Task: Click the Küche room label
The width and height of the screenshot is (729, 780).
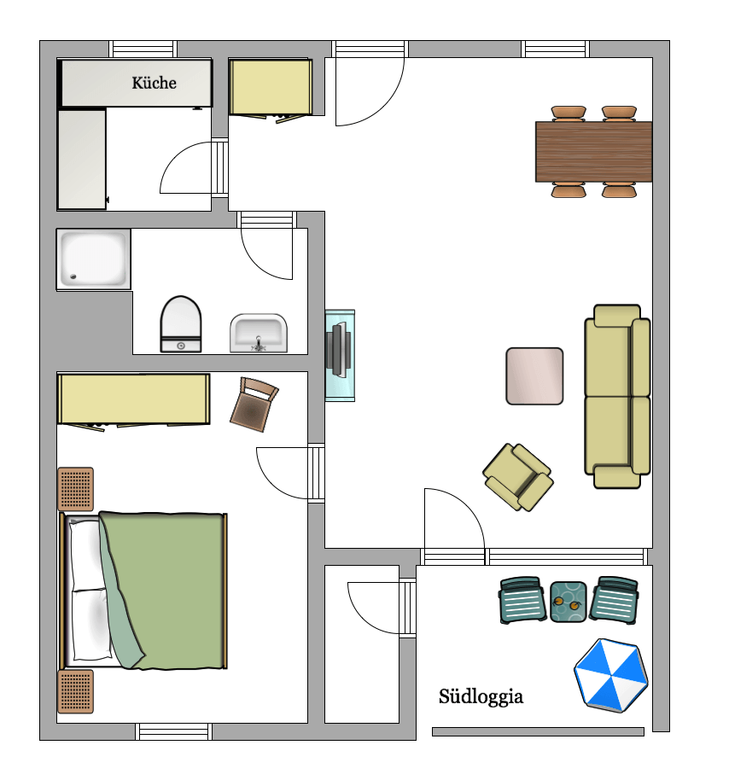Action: (154, 83)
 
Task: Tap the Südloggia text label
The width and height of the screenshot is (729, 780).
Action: (481, 697)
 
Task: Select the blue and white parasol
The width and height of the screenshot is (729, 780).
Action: (610, 674)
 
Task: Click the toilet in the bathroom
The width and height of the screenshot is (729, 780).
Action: (180, 323)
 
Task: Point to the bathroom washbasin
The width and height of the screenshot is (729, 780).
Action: (259, 333)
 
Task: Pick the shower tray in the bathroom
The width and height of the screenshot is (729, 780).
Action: (93, 259)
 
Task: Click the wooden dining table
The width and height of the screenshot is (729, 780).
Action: (593, 152)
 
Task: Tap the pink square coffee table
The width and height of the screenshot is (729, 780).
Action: (534, 375)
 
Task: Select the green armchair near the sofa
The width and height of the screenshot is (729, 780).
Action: (517, 477)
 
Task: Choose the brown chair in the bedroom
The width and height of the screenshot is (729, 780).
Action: (254, 405)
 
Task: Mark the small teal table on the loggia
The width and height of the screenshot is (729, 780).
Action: (569, 602)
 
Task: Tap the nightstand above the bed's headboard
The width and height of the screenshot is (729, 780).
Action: (75, 489)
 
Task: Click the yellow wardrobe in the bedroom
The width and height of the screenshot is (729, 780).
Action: (133, 399)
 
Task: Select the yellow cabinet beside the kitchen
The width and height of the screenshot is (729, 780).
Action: (270, 87)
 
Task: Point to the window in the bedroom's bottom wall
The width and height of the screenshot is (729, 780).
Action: (173, 731)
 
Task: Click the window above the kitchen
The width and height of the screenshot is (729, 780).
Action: (143, 49)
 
